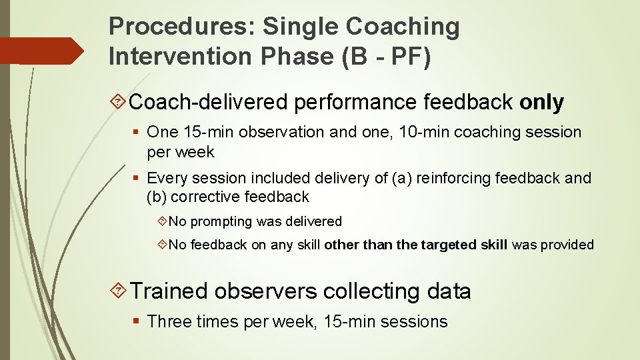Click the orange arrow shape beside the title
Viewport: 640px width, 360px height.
point(41,51)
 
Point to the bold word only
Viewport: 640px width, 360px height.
point(541,102)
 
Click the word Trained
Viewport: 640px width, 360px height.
point(169,291)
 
